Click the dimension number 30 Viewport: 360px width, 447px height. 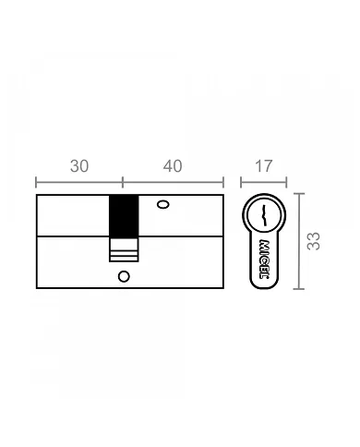tap(79, 166)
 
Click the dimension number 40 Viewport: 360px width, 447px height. tap(172, 166)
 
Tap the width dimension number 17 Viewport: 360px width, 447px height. tap(263, 166)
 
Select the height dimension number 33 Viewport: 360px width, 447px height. tap(314, 241)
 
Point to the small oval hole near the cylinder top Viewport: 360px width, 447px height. tap(163, 203)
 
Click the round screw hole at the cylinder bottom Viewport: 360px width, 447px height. tap(124, 274)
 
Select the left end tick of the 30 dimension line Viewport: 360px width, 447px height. tap(36, 181)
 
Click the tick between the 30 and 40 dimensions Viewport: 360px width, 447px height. tap(123, 181)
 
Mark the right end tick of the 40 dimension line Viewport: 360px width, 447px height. tap(223, 181)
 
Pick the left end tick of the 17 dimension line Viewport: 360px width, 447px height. tap(242, 181)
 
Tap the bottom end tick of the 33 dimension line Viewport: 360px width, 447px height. tap(298, 288)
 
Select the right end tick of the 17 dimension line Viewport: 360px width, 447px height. tap(286, 181)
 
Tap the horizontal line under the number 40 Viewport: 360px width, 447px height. tap(174, 181)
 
